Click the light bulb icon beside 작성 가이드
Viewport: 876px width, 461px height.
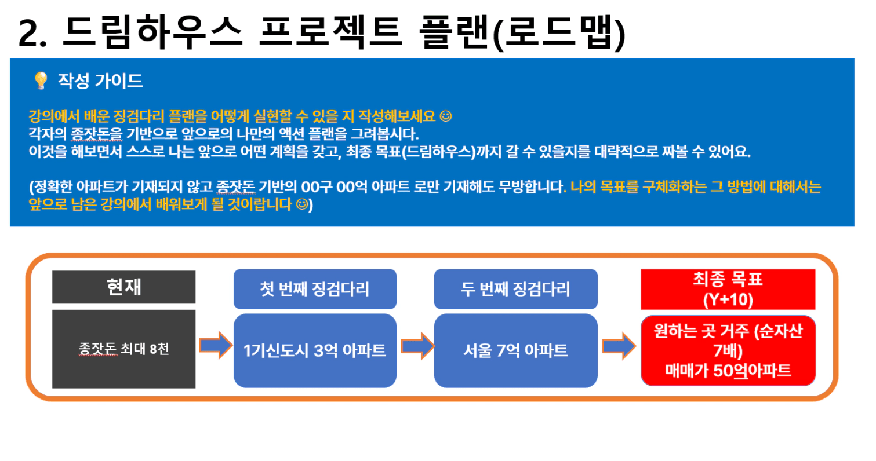pos(41,81)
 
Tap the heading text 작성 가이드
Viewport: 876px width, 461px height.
pos(100,81)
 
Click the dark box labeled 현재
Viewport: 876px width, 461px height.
pos(124,287)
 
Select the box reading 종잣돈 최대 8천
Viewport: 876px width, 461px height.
pos(124,349)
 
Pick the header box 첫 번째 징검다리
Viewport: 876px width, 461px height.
pos(315,289)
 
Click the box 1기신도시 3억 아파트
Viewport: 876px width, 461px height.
pos(315,350)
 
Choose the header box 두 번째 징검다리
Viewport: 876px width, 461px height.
pos(516,289)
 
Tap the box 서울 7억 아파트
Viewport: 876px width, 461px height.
pos(516,350)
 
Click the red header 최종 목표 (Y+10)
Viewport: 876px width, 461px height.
pos(728,289)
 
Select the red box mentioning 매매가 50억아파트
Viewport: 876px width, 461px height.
pos(728,350)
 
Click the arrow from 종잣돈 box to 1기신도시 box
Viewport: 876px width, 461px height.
pos(216,345)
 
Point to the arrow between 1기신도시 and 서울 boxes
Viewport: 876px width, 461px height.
pos(417,346)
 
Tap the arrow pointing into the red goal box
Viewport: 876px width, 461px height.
pos(619,346)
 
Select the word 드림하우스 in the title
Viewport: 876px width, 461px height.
pos(153,32)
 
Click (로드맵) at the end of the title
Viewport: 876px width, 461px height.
pos(559,34)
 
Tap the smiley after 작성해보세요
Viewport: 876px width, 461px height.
pos(446,116)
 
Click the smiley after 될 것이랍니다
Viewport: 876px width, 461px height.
pos(302,204)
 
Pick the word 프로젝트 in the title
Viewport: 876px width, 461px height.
pos(331,32)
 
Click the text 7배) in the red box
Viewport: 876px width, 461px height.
pos(728,350)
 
